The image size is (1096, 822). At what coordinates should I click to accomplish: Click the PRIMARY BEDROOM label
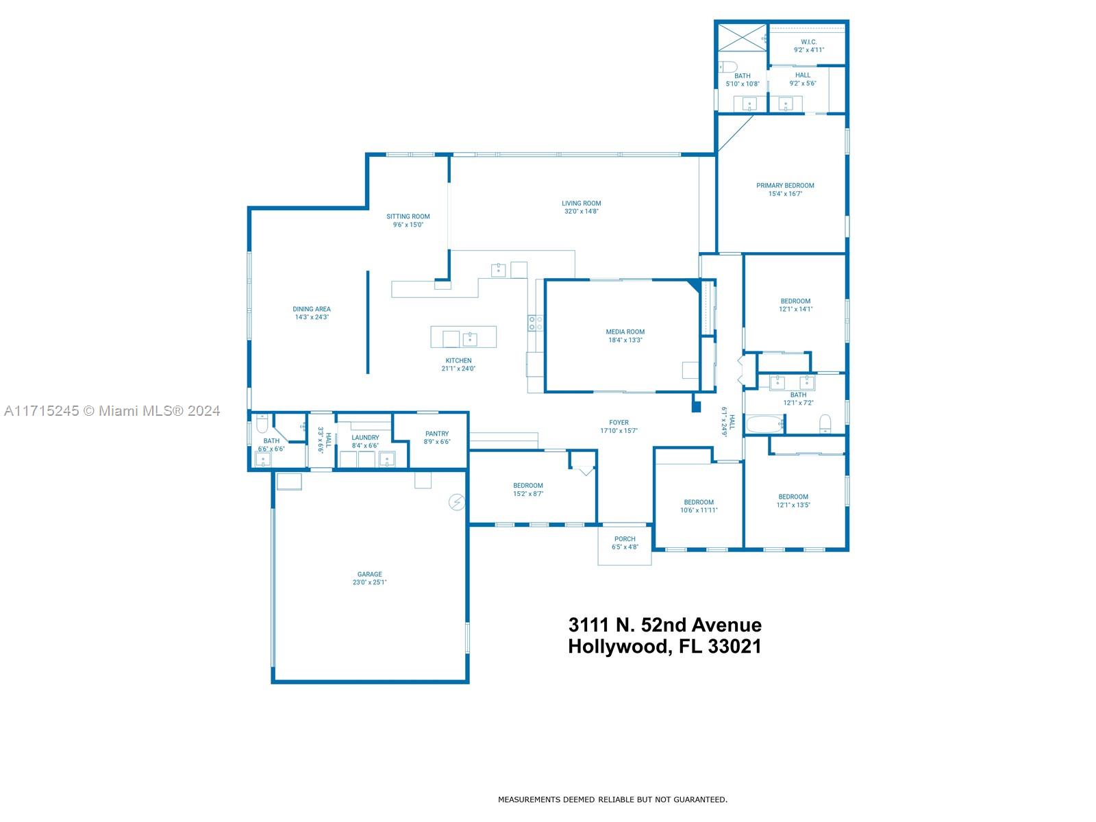tap(785, 186)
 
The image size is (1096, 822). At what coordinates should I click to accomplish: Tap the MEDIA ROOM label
tap(625, 332)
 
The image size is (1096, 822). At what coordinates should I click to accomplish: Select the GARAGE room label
tap(369, 575)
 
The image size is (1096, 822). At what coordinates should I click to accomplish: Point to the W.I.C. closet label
tap(808, 42)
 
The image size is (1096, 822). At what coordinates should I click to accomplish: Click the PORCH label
tap(625, 539)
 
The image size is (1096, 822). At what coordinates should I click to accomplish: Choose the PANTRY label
tap(437, 434)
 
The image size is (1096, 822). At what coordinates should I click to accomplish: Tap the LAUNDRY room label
tap(365, 438)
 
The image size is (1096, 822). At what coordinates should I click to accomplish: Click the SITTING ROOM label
tap(408, 216)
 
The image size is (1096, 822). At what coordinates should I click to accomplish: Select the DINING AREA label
tap(312, 310)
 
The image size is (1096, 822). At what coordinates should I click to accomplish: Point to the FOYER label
tap(619, 423)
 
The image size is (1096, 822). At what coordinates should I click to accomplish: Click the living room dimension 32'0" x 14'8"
tap(581, 212)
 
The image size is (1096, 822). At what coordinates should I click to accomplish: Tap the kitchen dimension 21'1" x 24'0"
tap(458, 369)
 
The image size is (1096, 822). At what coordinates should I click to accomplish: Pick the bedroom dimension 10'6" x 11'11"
tap(699, 510)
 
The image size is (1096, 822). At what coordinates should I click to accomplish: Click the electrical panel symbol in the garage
tap(457, 502)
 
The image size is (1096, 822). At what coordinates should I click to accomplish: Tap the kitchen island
tap(463, 337)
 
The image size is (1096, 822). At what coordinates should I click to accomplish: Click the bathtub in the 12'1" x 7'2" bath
tap(765, 425)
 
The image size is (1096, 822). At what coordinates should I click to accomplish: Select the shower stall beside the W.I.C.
tap(742, 37)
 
